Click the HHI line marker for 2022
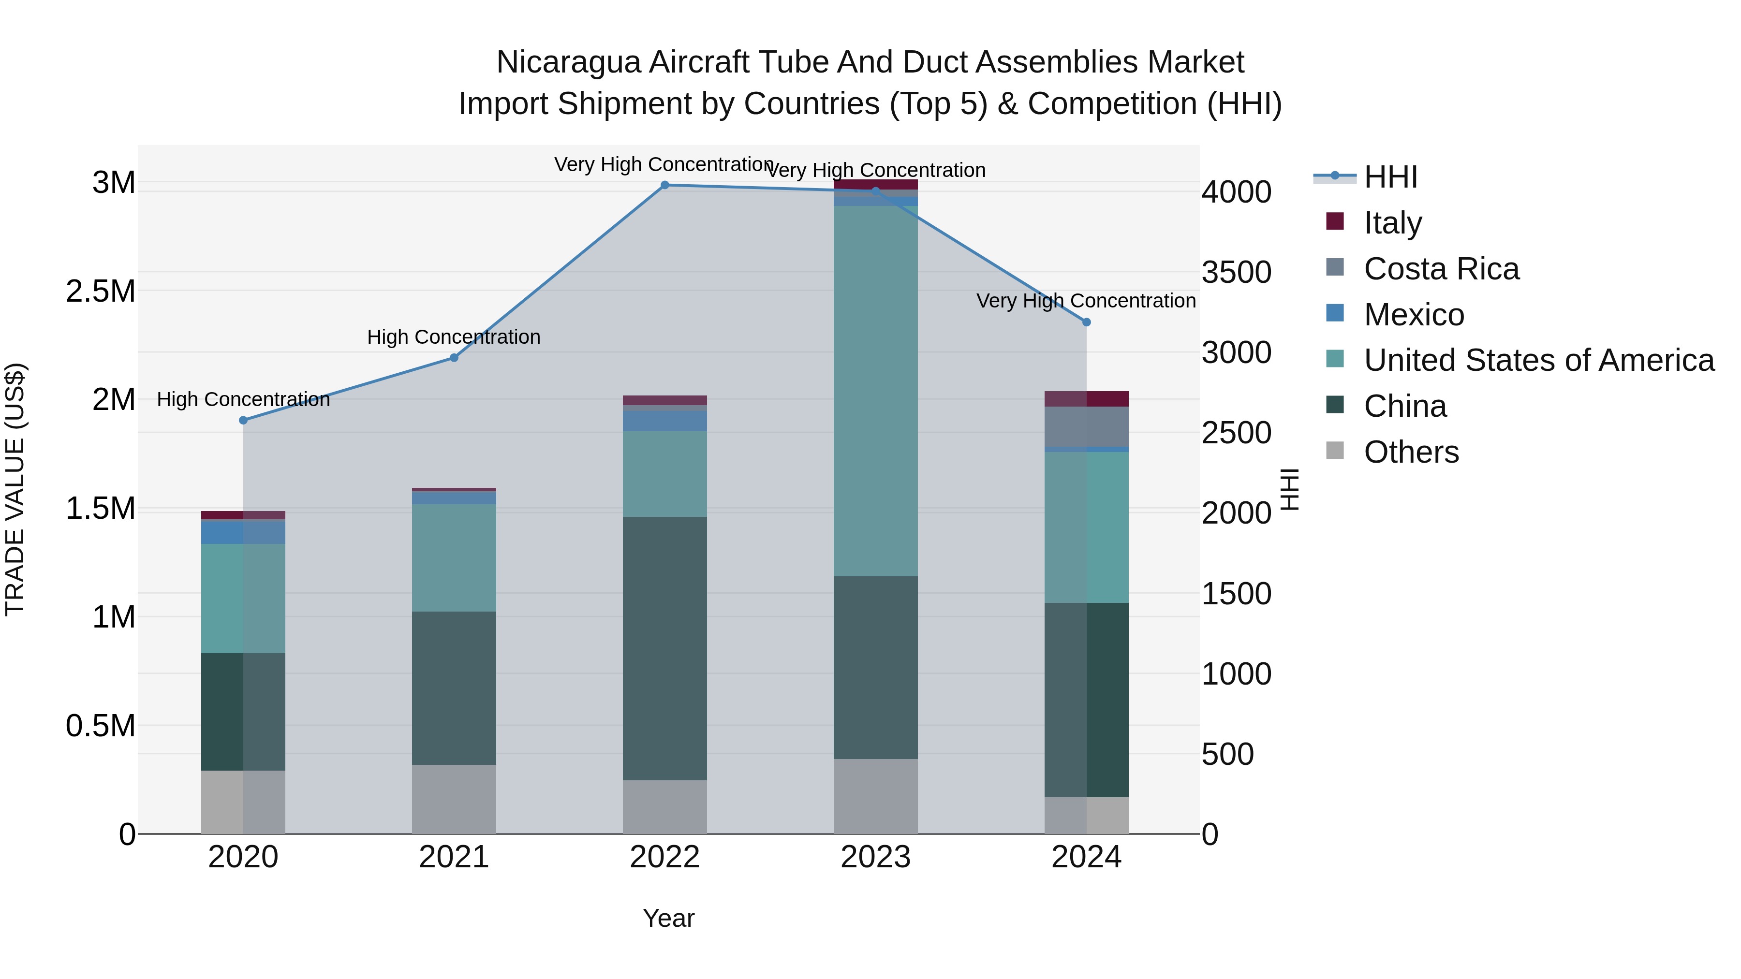664,185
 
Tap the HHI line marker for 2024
1086,322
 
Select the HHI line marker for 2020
243,420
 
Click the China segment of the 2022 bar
664,649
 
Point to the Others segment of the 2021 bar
454,799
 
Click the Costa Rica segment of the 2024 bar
1086,426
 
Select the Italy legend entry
1392,223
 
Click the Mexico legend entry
1413,315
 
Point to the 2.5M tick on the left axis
100,291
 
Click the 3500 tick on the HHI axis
1236,272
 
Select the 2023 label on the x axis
875,857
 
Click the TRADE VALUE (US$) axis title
15,489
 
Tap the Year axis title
668,918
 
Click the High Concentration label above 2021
454,336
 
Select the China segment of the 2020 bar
243,712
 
